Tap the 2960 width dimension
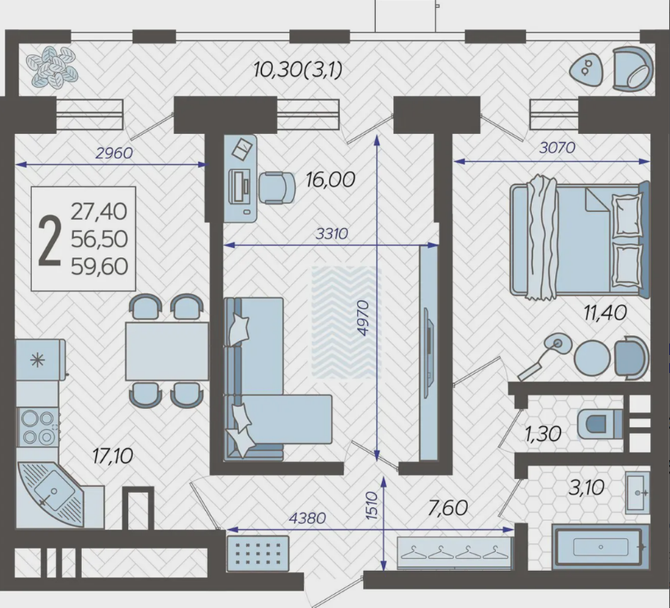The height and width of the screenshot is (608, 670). [x=114, y=153]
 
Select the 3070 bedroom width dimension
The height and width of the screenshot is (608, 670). [x=558, y=148]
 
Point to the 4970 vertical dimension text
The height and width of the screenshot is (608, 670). [x=362, y=318]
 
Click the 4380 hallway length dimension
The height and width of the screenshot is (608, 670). [x=307, y=518]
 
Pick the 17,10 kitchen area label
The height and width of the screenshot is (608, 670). [x=112, y=456]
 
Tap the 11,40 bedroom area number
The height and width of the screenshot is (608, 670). [x=605, y=313]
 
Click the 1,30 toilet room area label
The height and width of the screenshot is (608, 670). [x=543, y=434]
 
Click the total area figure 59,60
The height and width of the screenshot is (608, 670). [x=99, y=266]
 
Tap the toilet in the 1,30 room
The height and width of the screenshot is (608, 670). [x=599, y=424]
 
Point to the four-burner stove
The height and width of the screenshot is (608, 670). [x=38, y=426]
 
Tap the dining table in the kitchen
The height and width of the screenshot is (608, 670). [x=167, y=351]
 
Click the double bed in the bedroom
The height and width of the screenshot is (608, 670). [x=580, y=239]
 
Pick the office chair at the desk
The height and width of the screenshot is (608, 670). [x=277, y=187]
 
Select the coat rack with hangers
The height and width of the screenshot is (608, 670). [x=455, y=553]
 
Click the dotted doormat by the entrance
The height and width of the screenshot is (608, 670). [x=258, y=553]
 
